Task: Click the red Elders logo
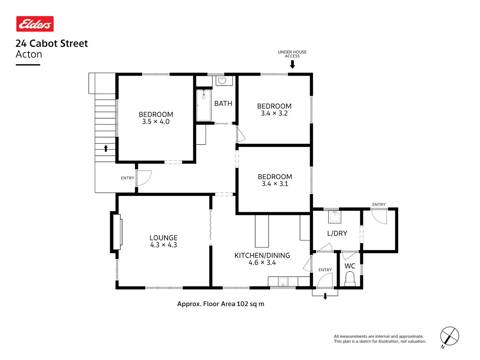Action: (35, 24)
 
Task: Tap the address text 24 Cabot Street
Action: (52, 43)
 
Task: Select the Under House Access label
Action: (292, 54)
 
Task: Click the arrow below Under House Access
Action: (292, 64)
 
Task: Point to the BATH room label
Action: (223, 103)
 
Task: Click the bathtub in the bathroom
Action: (204, 105)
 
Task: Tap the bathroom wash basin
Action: (222, 81)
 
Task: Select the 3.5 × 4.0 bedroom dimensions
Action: (156, 122)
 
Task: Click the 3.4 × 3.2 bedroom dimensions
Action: (274, 113)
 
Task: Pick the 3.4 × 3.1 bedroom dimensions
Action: (275, 184)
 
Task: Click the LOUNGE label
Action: (163, 237)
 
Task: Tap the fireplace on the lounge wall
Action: (117, 232)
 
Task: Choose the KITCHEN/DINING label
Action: (262, 255)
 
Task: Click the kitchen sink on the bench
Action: (283, 282)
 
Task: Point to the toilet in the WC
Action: (350, 279)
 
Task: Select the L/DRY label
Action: (337, 234)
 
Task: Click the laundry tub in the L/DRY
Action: (335, 217)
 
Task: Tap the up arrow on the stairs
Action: (106, 148)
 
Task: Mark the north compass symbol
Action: (449, 337)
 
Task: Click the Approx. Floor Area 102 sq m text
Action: (220, 304)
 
